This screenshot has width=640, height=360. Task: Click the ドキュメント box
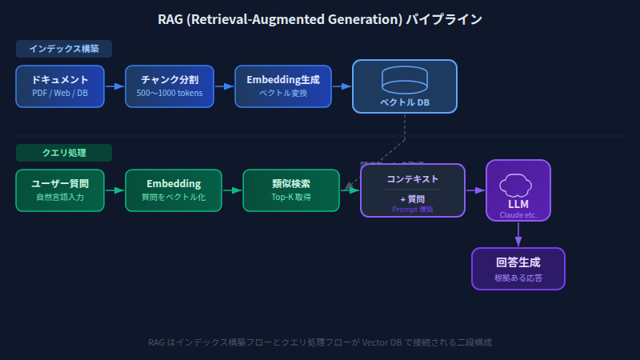point(60,86)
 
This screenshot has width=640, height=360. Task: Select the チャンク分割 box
point(170,86)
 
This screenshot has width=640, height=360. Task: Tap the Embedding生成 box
point(282,86)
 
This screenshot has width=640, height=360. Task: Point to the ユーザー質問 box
point(60,190)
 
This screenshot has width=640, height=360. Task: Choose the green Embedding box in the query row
point(174,190)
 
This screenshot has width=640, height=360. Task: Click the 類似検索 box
point(291,190)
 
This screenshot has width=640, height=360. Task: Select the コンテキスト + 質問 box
point(413,190)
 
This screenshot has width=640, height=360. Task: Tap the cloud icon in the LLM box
point(518,186)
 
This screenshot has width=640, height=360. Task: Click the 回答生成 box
point(518,269)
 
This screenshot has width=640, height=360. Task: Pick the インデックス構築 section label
point(64,49)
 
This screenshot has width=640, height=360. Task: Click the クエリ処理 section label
point(64,152)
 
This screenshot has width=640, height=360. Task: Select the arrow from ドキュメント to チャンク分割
point(115,86)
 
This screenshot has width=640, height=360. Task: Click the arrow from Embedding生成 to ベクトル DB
point(342,86)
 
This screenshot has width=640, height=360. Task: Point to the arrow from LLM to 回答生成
point(518,234)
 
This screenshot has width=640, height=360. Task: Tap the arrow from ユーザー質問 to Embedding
point(115,190)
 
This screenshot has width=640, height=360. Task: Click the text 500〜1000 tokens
point(170,94)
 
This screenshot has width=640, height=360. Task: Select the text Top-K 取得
point(291,197)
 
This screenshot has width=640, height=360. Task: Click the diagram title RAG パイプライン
point(320,18)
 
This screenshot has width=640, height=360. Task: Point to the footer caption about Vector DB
point(320,342)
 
